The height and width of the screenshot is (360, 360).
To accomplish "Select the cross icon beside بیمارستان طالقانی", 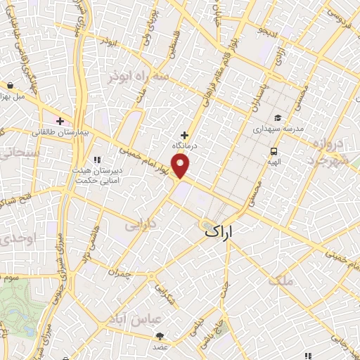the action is tap(60, 121).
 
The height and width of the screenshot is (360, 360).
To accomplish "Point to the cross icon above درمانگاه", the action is tap(185, 134).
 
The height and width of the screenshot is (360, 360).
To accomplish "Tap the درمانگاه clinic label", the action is tap(185, 145).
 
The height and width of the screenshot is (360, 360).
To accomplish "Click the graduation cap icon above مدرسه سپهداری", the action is tap(278, 118).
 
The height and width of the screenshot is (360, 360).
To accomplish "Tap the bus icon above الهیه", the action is tap(273, 150).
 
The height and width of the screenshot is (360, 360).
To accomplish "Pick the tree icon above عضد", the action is tap(160, 336).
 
